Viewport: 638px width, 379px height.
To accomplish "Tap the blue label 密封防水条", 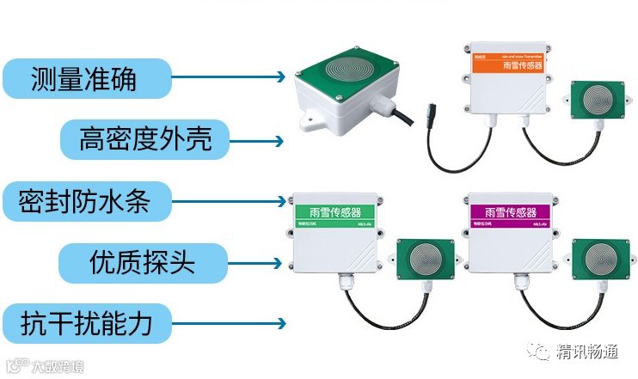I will click(86, 201).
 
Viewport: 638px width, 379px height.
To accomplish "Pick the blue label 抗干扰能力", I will click(86, 324).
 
